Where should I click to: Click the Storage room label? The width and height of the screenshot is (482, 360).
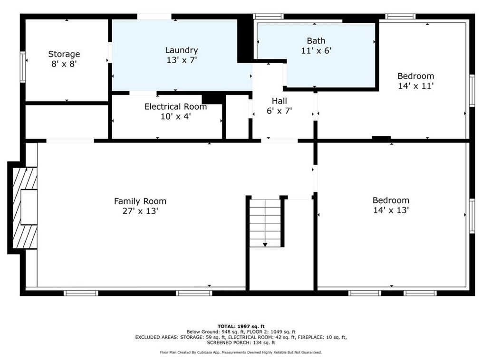[x=64, y=54]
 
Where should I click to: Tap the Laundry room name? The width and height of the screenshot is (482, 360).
[x=181, y=50]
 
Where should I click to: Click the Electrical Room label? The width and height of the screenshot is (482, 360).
[x=175, y=107]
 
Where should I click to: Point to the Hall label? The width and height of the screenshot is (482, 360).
[x=279, y=101]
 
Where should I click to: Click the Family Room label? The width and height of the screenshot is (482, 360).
[x=140, y=201]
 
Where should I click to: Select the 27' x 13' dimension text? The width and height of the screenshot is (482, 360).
[x=140, y=211]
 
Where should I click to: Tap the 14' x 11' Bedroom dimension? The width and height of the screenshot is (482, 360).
[x=415, y=86]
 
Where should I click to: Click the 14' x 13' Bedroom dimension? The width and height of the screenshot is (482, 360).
[x=391, y=210]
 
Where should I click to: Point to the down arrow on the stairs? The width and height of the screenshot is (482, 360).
[x=265, y=244]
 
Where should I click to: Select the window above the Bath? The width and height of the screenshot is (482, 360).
[x=268, y=17]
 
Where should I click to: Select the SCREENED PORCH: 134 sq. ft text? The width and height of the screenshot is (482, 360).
[x=241, y=342]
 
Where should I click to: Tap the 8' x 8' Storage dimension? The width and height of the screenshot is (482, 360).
[x=64, y=64]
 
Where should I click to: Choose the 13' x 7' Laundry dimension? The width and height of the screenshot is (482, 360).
[x=181, y=60]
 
